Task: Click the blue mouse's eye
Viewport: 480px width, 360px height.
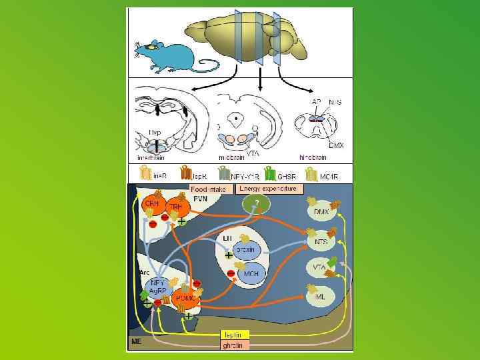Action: click(x=153, y=46)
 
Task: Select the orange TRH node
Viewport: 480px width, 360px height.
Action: click(x=177, y=207)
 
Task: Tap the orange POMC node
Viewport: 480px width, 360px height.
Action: click(x=184, y=299)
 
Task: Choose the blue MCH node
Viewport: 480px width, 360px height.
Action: click(x=251, y=273)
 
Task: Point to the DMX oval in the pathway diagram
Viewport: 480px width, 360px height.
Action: click(x=323, y=211)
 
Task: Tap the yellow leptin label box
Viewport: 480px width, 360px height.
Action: click(x=235, y=335)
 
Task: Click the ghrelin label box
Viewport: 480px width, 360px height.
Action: click(x=235, y=345)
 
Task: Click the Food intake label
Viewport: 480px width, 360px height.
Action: click(x=209, y=189)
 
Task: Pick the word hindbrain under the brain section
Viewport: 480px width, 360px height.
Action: click(x=312, y=157)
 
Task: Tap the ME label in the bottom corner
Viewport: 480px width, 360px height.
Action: click(x=136, y=342)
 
